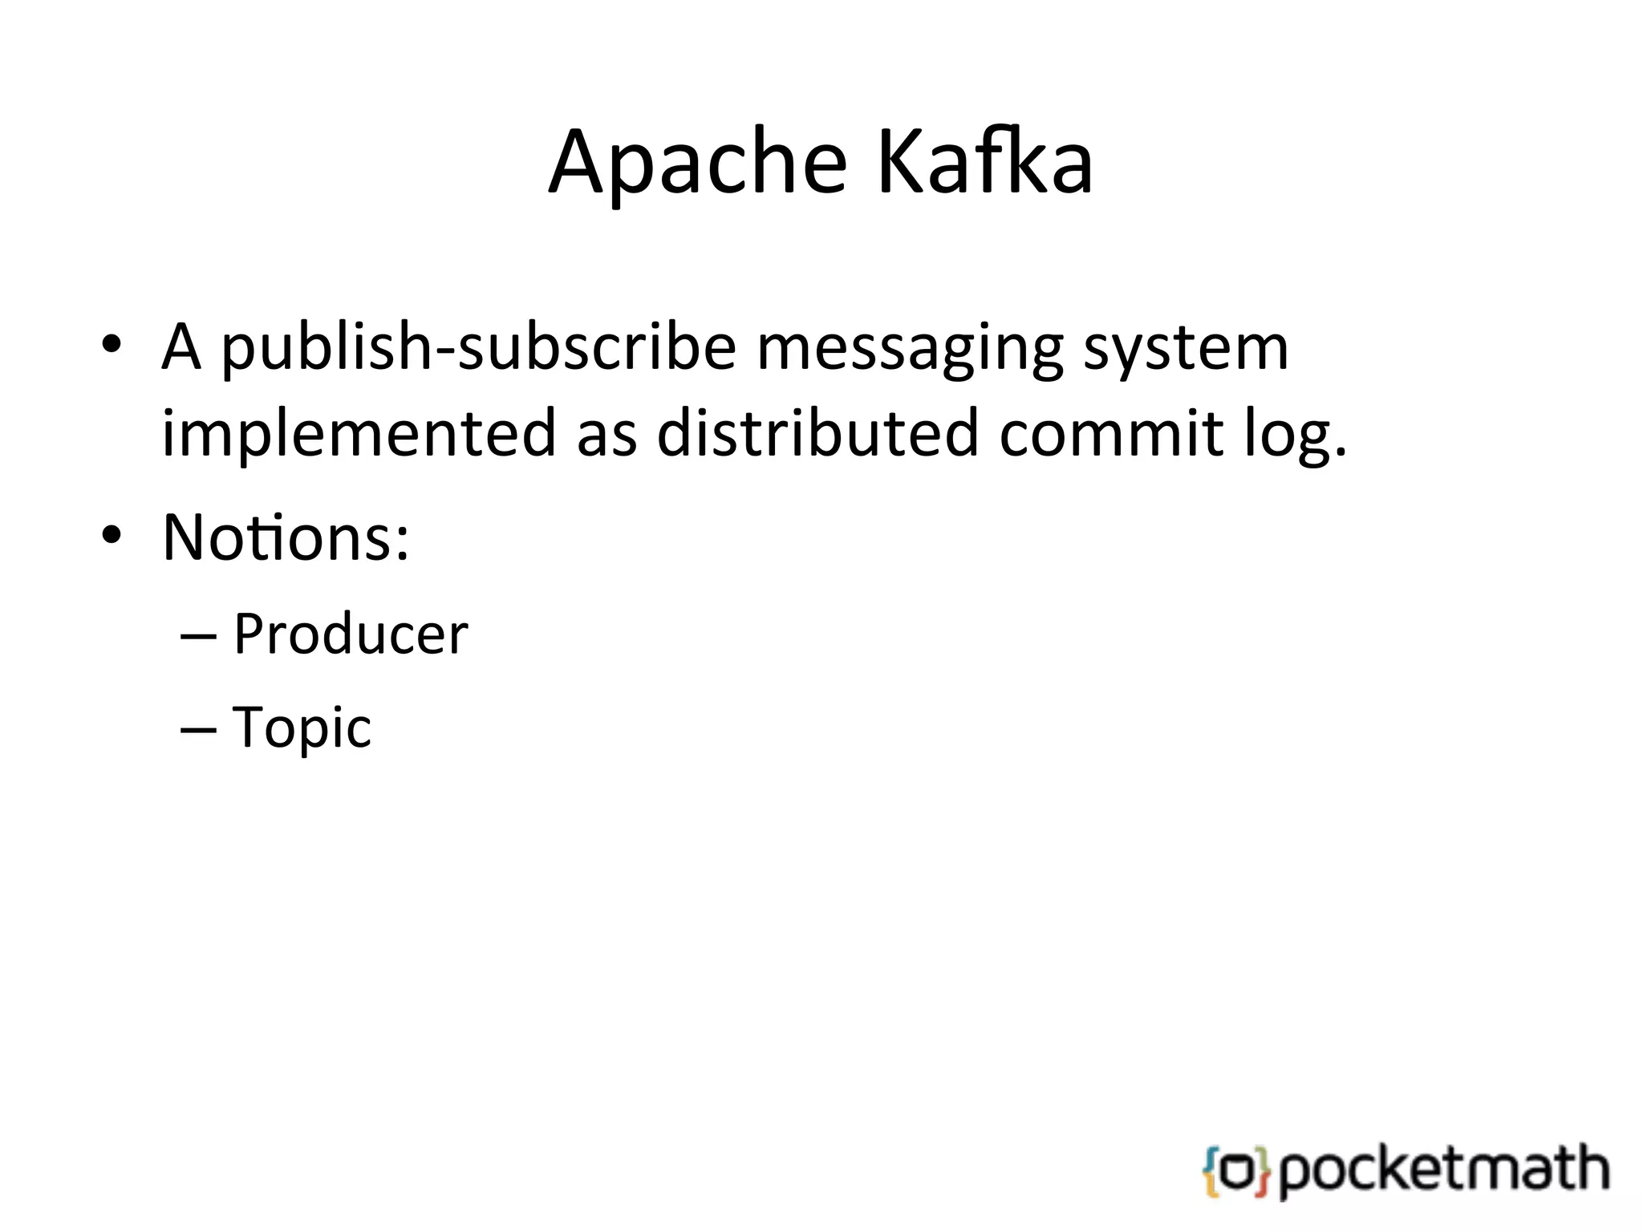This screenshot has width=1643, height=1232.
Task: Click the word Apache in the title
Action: click(696, 163)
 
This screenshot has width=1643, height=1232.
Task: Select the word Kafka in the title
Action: click(984, 163)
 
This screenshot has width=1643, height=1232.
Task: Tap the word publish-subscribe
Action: click(478, 348)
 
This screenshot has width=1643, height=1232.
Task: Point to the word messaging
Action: click(910, 348)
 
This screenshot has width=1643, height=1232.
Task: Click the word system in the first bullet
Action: click(1186, 348)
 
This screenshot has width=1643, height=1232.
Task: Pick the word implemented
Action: click(359, 434)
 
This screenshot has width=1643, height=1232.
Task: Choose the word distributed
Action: click(817, 434)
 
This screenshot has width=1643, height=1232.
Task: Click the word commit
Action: click(1112, 434)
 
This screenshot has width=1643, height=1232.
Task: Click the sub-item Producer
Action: click(351, 634)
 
